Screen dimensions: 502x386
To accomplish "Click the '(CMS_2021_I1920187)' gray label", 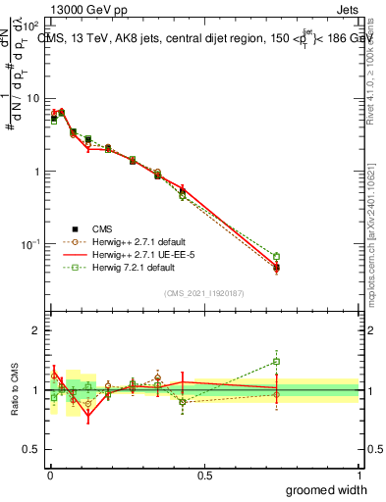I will click(204, 292).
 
